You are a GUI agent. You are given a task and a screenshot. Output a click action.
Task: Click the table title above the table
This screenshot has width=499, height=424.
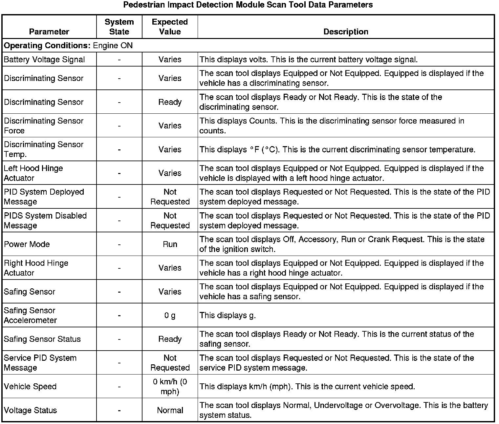click(x=248, y=5)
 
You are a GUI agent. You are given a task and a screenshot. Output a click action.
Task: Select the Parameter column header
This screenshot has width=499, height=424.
click(x=49, y=31)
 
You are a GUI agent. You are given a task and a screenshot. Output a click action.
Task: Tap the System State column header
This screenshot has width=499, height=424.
click(x=119, y=27)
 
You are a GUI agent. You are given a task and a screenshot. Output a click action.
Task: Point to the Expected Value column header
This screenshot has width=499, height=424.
click(x=170, y=27)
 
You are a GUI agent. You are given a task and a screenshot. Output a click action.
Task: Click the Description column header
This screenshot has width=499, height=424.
click(x=346, y=31)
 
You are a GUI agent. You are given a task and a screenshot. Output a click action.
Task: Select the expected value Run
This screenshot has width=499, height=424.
click(x=170, y=244)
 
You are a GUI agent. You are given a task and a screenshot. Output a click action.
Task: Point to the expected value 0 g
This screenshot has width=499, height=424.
click(x=170, y=315)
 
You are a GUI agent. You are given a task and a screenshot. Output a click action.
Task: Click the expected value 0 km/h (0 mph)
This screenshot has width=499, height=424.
click(x=170, y=386)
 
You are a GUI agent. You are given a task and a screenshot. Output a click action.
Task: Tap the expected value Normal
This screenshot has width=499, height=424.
click(x=170, y=410)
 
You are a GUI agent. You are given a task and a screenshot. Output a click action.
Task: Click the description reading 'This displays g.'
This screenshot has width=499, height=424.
click(x=228, y=315)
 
